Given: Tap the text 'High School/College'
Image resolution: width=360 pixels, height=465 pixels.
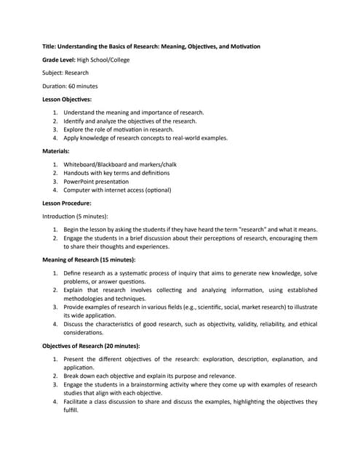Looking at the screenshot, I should [x=103, y=60].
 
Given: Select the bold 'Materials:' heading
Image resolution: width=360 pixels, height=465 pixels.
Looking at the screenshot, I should [x=57, y=151].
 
